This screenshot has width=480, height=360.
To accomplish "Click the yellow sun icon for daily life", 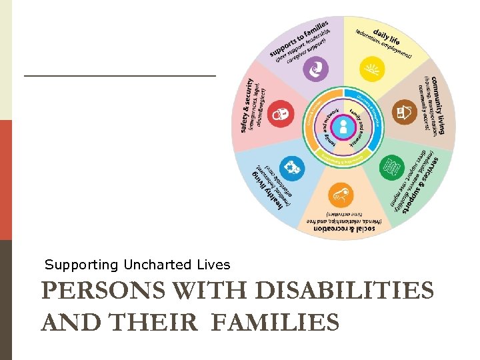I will pos(369,69).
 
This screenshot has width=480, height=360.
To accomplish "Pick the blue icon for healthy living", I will pos(291,166).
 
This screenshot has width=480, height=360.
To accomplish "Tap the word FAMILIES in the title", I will pos(273,323).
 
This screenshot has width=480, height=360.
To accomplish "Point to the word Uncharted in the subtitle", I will pos(154,265).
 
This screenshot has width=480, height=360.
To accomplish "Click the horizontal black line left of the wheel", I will pos(120,76).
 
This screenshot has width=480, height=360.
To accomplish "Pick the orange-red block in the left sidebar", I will pos(5,180).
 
